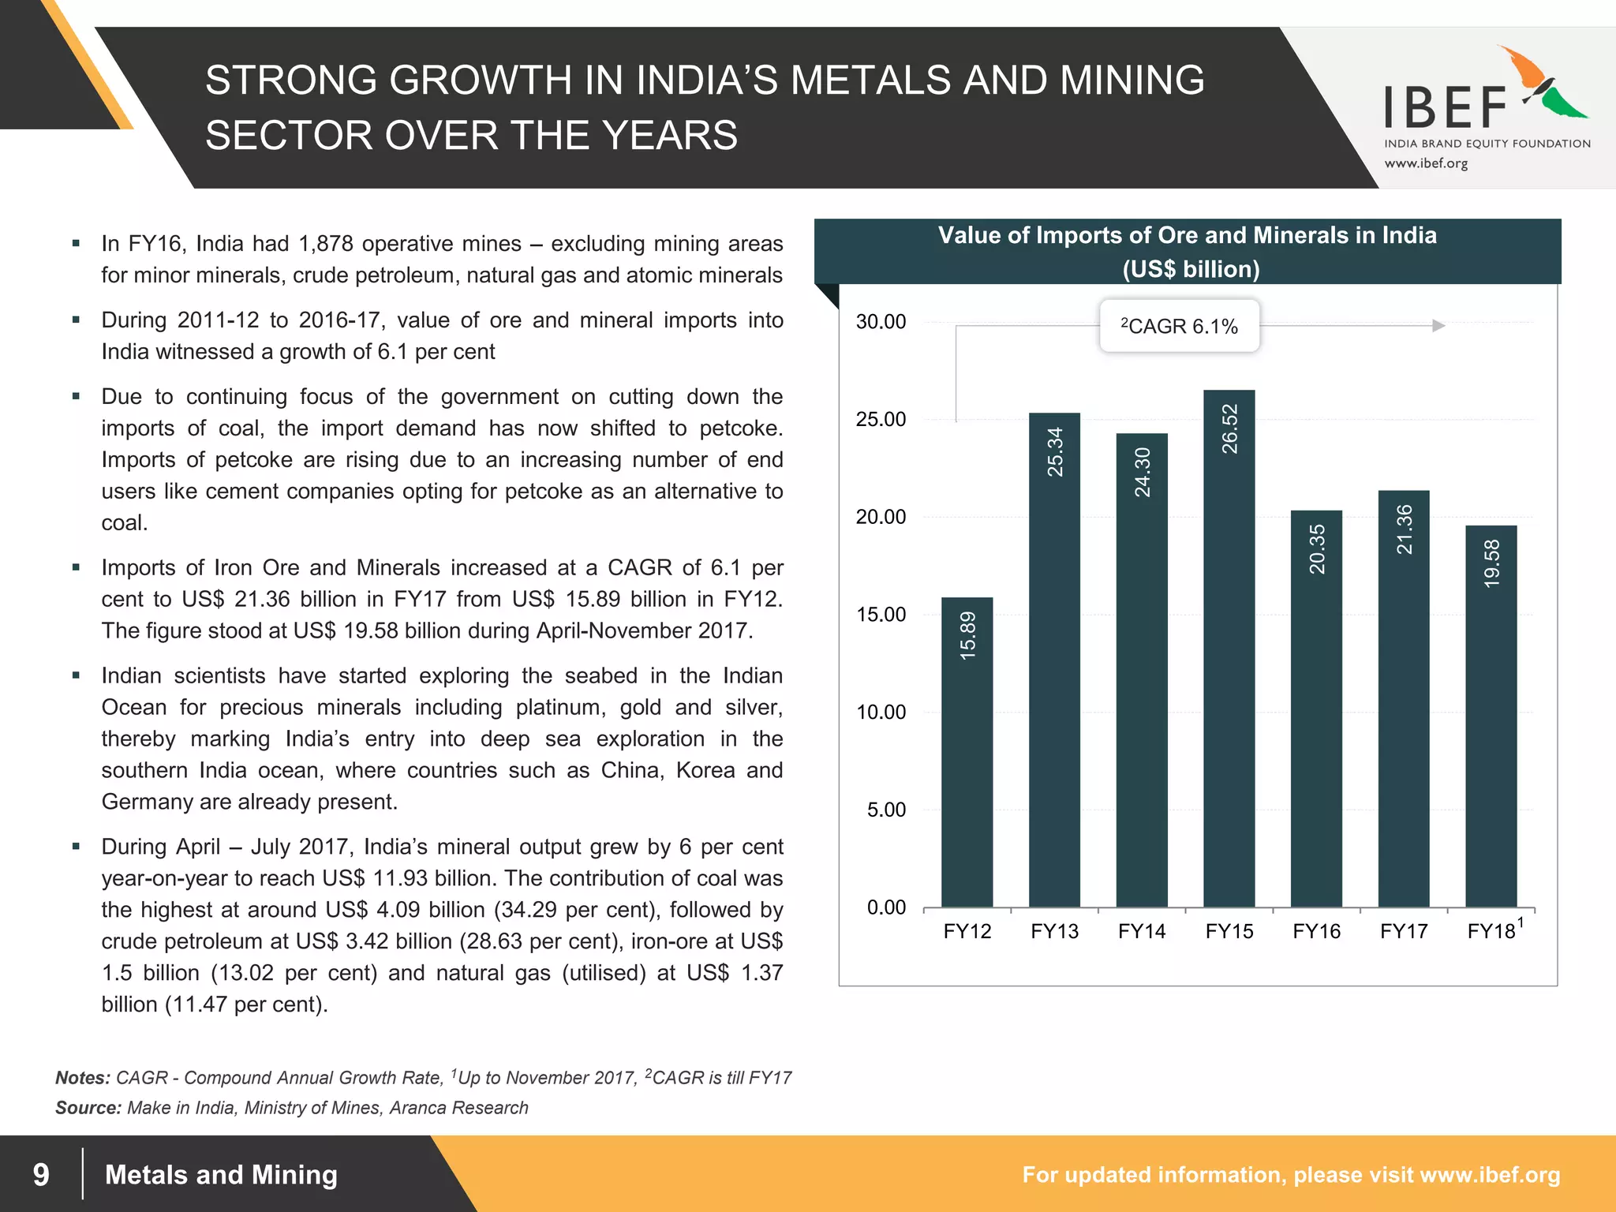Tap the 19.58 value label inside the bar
[x=1491, y=563]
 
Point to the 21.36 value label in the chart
[x=1404, y=529]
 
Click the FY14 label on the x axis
[x=1141, y=932]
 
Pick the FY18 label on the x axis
[x=1491, y=932]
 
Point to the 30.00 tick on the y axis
[x=881, y=322]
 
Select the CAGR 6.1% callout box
[x=1179, y=326]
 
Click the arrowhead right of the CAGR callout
[x=1438, y=326]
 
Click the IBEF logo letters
[x=1446, y=108]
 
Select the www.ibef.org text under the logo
[x=1426, y=163]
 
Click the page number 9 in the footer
[x=41, y=1175]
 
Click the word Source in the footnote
[x=88, y=1108]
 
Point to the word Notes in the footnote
[x=82, y=1078]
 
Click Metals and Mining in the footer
[x=221, y=1175]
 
